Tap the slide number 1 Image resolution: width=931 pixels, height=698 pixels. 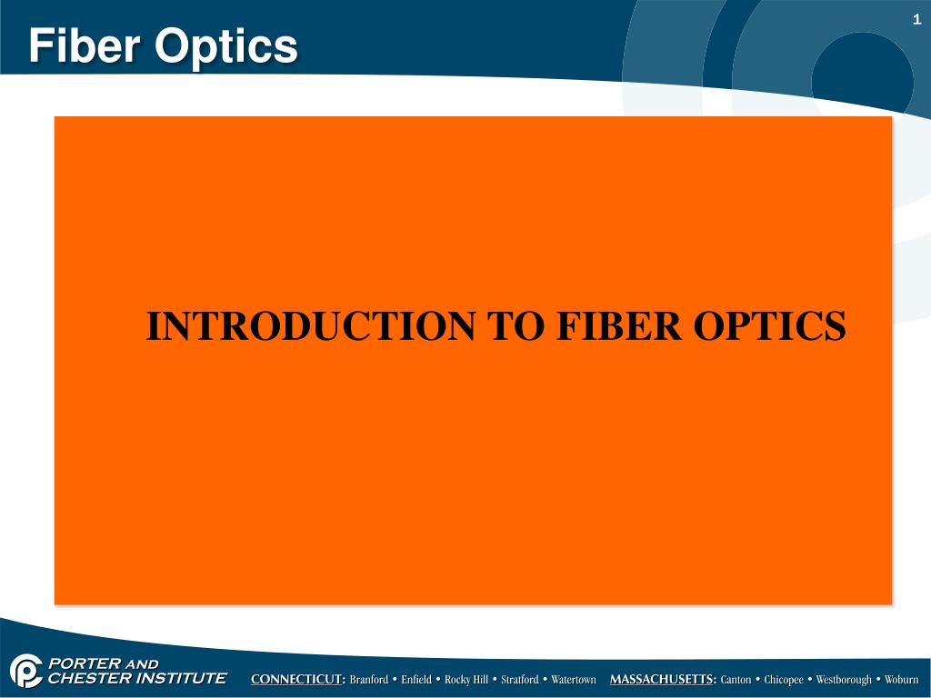point(917,20)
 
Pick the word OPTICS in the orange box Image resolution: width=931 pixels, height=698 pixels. point(770,326)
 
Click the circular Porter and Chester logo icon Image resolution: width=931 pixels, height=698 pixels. point(25,672)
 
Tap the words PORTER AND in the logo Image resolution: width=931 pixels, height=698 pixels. point(102,664)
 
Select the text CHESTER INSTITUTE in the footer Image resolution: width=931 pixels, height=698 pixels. point(136,678)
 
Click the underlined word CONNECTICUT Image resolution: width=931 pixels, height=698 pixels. point(297,680)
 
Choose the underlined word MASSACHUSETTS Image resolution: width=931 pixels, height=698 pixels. point(662,680)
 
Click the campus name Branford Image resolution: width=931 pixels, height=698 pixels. point(369,680)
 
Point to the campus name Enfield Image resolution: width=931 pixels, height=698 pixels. point(416,680)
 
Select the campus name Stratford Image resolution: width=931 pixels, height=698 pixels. point(520,680)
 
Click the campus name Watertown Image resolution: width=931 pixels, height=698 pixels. point(574,680)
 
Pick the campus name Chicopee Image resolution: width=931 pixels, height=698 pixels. point(783,680)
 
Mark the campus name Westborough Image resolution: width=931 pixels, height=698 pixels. point(844,680)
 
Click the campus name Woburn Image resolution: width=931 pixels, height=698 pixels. point(902,680)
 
